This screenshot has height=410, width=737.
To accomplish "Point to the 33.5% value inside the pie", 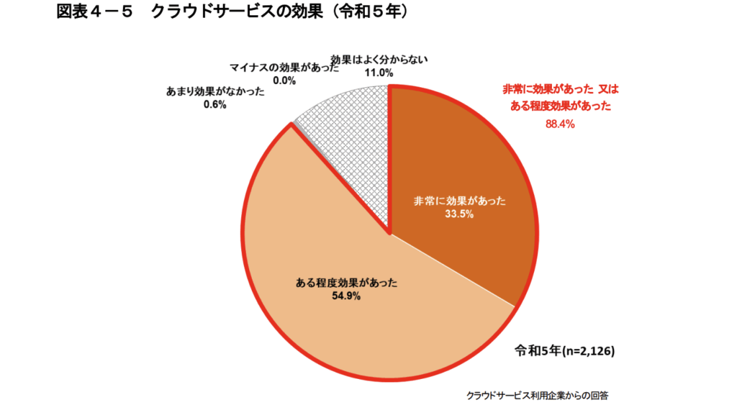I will (x=458, y=215).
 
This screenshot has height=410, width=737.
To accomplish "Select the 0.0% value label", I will (x=284, y=81).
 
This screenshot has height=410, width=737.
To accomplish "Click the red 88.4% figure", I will (x=561, y=124).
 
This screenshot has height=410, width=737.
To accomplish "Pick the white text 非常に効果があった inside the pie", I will (x=458, y=201).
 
